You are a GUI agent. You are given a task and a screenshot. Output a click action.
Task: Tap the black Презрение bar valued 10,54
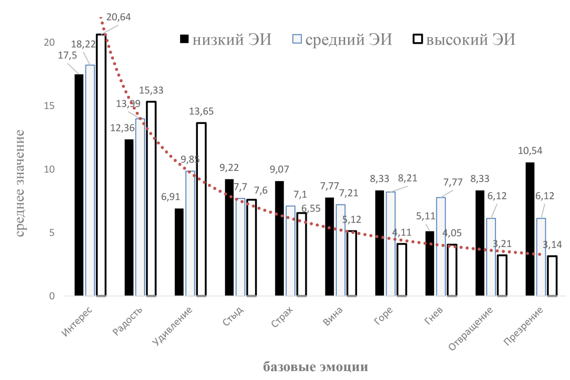point(530,229)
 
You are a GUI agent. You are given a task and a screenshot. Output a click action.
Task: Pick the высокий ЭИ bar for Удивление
point(201,209)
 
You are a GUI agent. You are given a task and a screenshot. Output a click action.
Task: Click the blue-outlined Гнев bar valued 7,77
point(441,246)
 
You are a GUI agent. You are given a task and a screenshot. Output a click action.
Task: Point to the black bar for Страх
point(279,238)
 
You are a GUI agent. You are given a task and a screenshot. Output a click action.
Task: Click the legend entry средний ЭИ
point(342,39)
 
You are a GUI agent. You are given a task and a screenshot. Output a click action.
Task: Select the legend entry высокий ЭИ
point(464,39)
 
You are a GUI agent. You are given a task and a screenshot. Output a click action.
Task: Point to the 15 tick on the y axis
point(49,106)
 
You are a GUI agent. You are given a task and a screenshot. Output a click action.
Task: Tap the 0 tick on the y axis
point(52,296)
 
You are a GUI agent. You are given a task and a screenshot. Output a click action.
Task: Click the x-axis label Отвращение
point(471,329)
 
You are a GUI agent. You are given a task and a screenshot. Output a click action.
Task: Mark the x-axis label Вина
point(333,316)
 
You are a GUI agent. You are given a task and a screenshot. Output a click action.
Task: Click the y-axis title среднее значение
point(20,183)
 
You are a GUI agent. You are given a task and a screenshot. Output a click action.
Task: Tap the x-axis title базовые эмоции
point(315,367)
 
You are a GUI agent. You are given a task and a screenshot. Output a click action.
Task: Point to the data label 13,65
point(201,111)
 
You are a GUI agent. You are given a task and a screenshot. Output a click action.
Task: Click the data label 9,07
point(279,169)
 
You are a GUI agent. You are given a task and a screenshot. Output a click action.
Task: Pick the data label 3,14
point(552,245)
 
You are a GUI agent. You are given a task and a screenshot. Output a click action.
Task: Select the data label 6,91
point(170,197)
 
